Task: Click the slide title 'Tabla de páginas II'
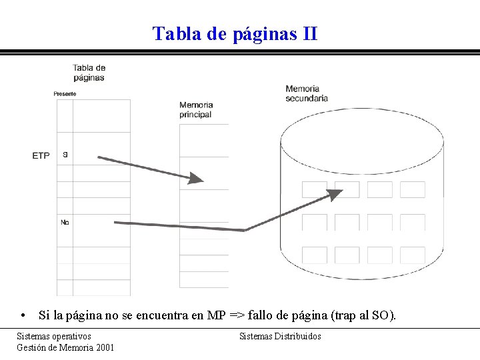tap(235, 33)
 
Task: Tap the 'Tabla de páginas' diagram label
tap(89, 72)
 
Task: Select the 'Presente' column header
tap(65, 94)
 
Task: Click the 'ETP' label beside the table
tap(41, 155)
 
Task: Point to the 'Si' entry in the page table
tap(65, 154)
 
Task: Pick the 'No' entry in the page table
tap(65, 222)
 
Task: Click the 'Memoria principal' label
tap(196, 109)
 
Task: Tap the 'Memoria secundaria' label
tap(307, 93)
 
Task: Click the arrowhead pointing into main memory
tap(196, 178)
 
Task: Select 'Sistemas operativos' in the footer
tap(54, 336)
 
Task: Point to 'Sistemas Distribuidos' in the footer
tap(280, 336)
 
